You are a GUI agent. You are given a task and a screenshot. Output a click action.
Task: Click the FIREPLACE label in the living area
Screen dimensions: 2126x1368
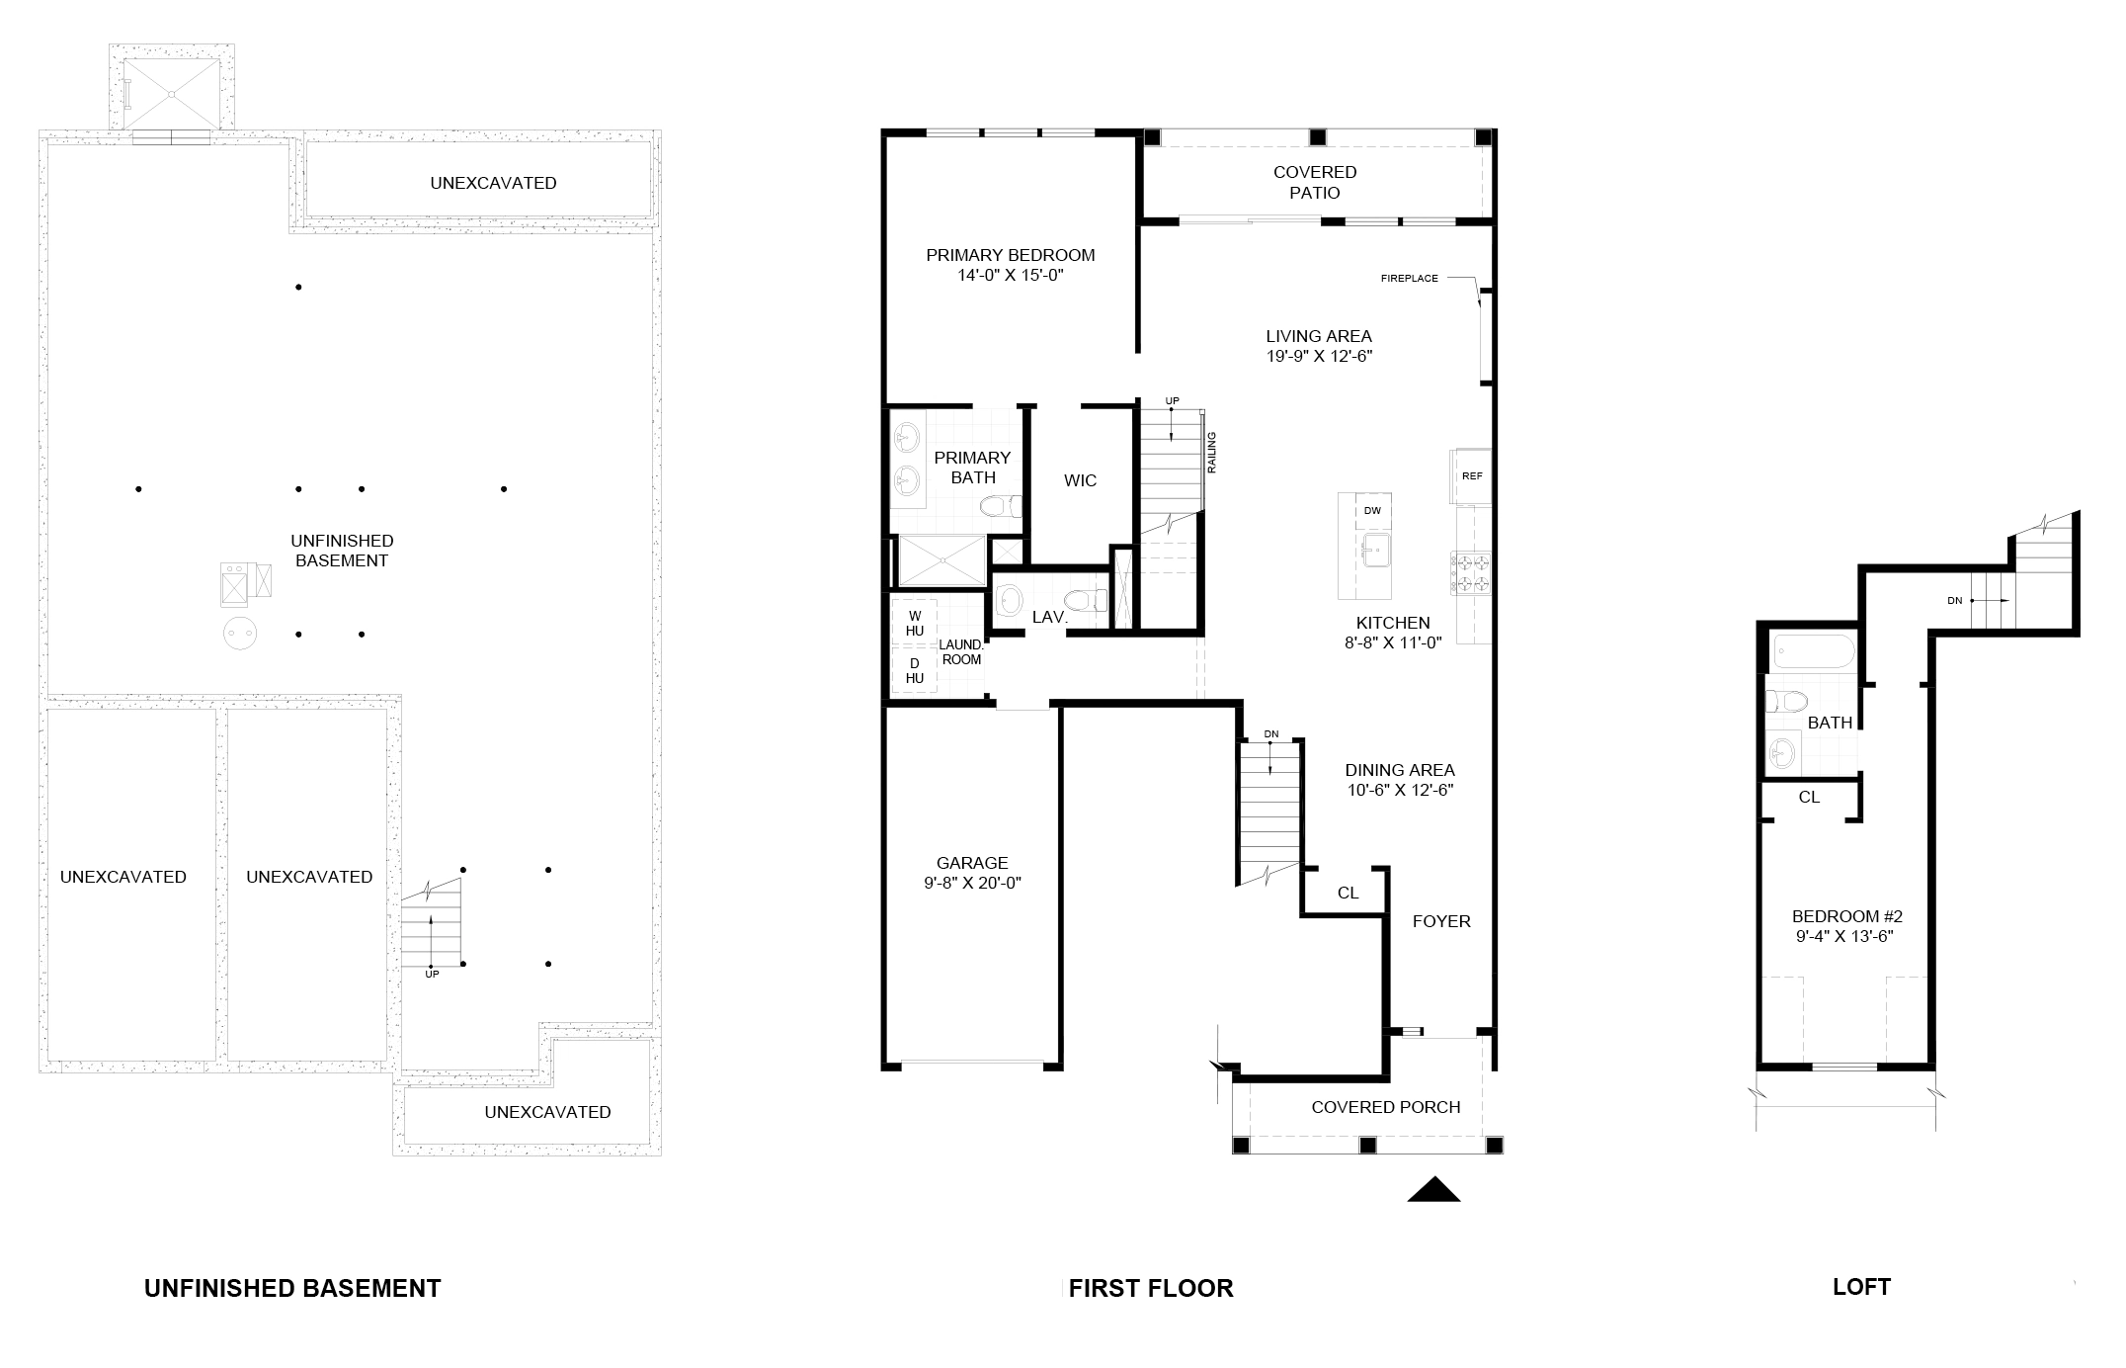coord(1409,279)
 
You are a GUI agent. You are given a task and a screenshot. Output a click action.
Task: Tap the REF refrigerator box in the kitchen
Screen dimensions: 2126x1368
coord(1471,475)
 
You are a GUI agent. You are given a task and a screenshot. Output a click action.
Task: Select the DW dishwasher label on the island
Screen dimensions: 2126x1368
coord(1371,511)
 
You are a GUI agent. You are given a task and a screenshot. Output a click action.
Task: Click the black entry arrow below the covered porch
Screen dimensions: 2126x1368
coord(1433,1189)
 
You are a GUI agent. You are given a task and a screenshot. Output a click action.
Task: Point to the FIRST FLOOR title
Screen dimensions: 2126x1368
coord(1151,1289)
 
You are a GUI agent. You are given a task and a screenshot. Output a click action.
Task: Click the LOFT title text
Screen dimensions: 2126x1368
coord(1861,1287)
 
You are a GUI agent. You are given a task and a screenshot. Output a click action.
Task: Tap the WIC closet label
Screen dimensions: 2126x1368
coord(1080,480)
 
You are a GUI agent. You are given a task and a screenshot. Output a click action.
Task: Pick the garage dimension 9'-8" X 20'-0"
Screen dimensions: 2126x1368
coord(972,883)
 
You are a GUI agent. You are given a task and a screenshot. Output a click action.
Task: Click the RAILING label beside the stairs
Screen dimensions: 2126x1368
coord(1211,452)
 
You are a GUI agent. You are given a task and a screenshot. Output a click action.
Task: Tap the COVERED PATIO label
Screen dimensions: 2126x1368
coord(1315,183)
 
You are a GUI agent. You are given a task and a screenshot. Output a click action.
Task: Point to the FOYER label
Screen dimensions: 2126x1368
coord(1441,921)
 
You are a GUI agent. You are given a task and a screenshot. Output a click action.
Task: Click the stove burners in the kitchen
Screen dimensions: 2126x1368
coord(1470,573)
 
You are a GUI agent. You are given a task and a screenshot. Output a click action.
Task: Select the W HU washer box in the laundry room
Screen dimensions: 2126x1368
coord(915,623)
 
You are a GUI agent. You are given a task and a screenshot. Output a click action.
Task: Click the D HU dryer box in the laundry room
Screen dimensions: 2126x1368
coord(915,669)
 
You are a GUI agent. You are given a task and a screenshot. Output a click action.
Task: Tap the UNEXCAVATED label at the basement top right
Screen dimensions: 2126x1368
coord(493,183)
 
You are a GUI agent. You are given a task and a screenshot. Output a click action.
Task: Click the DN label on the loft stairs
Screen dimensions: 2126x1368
coord(1954,600)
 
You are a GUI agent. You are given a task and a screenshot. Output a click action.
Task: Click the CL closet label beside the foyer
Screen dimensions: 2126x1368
coord(1348,893)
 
